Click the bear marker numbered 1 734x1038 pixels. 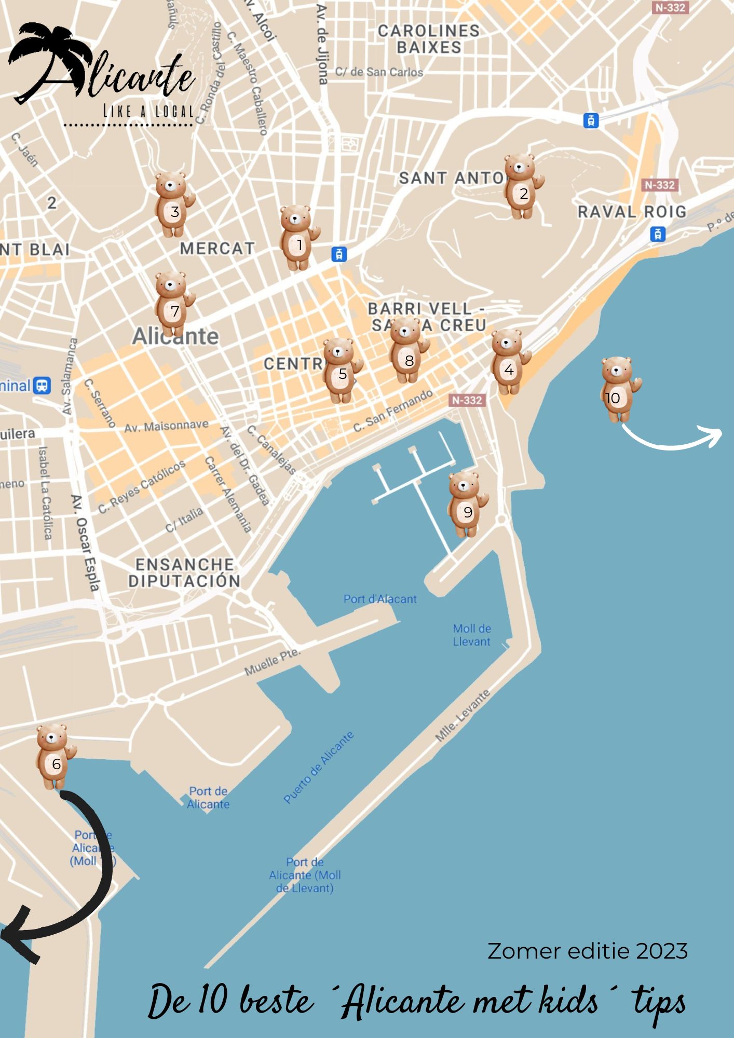[298, 238]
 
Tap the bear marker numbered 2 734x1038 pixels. [522, 187]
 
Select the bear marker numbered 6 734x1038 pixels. [55, 757]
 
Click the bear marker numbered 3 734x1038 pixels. [173, 204]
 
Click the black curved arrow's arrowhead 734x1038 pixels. [18, 934]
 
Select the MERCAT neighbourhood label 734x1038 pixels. [217, 249]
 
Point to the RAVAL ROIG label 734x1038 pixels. [632, 212]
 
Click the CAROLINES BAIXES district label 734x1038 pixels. [429, 39]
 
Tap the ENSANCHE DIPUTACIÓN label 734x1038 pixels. [184, 573]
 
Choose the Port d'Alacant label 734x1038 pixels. [380, 599]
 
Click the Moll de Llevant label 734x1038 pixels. [471, 635]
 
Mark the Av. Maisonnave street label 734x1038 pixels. [166, 426]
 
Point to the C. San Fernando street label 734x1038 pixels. [393, 411]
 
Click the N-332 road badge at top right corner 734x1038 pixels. [670, 8]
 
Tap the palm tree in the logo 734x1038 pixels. [42, 57]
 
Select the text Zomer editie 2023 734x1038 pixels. [588, 951]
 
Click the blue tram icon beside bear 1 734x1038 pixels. [339, 254]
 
